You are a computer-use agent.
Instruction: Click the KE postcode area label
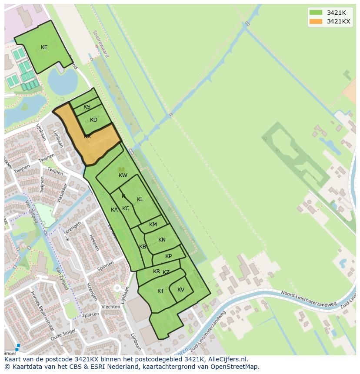click(x=44, y=47)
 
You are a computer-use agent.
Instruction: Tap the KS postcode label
click(x=87, y=107)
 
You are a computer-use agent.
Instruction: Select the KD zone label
click(x=93, y=120)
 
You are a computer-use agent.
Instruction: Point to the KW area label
click(x=123, y=175)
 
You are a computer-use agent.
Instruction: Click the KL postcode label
click(x=140, y=199)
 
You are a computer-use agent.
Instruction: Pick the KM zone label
click(x=153, y=225)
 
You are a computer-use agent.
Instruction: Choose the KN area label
click(x=162, y=240)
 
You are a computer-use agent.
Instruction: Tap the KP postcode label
click(x=168, y=256)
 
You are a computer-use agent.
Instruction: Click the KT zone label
click(x=161, y=291)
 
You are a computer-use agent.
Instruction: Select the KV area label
click(x=181, y=290)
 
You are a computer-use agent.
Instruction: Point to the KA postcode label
click(x=114, y=210)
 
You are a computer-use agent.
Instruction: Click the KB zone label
click(x=143, y=247)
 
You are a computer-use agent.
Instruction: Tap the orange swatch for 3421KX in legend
click(x=316, y=22)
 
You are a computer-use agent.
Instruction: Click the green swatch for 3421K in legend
click(x=316, y=12)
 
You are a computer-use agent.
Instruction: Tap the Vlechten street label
click(x=110, y=307)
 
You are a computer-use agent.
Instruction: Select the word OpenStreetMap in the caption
click(x=235, y=367)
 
